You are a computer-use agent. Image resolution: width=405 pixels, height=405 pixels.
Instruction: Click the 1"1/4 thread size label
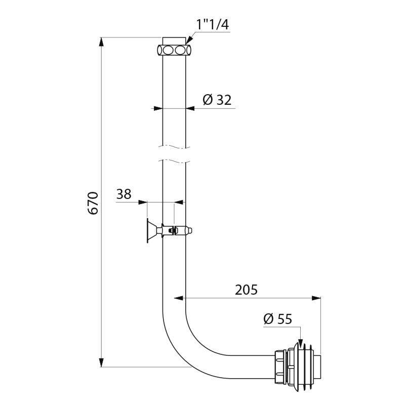pyautogui.click(x=213, y=25)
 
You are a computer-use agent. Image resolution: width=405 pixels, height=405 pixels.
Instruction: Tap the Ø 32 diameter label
pyautogui.click(x=217, y=100)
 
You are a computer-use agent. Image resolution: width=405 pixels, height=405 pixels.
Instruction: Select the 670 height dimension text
pyautogui.click(x=93, y=203)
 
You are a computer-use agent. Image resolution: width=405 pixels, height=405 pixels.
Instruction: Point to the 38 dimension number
pyautogui.click(x=124, y=194)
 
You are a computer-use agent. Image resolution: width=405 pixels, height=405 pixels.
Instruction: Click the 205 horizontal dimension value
pyautogui.click(x=246, y=290)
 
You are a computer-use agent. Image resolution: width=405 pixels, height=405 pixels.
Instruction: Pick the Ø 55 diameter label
pyautogui.click(x=277, y=319)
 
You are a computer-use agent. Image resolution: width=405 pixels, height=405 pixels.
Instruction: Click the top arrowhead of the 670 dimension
pyautogui.click(x=102, y=42)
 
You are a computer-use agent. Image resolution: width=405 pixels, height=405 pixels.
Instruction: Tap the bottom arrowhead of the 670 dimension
pyautogui.click(x=102, y=362)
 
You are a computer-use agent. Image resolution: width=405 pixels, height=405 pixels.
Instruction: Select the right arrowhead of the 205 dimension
pyautogui.click(x=316, y=298)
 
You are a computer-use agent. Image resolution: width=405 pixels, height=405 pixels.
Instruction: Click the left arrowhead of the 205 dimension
pyautogui.click(x=179, y=298)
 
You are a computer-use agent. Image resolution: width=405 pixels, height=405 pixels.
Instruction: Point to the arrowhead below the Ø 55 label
pyautogui.click(x=300, y=341)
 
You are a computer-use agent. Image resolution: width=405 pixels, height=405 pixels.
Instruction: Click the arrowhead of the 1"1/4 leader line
pyautogui.click(x=189, y=40)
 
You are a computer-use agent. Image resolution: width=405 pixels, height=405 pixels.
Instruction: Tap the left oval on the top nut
pyautogui.click(x=168, y=50)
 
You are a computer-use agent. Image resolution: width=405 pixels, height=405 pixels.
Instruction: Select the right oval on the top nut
pyautogui.click(x=180, y=50)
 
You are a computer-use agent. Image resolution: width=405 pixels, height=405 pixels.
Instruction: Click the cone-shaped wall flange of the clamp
pyautogui.click(x=151, y=231)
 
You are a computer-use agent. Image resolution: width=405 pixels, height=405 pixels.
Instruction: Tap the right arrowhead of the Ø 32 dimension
pyautogui.click(x=190, y=108)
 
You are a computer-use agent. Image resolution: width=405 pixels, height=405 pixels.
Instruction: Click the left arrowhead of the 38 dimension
pyautogui.click(x=143, y=202)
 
